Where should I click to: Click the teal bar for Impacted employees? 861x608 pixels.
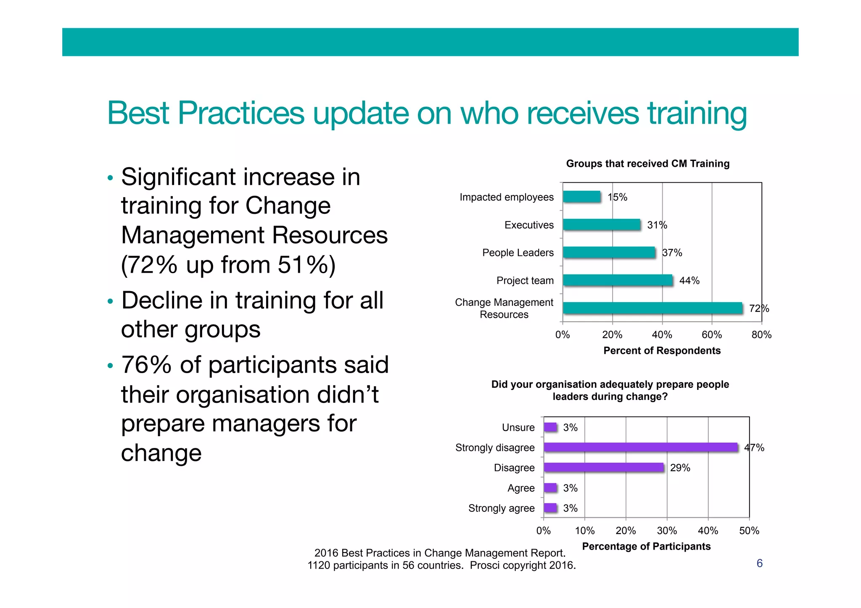[581, 197]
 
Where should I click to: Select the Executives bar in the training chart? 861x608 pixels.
[601, 225]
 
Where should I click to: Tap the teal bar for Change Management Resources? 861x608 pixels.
[652, 308]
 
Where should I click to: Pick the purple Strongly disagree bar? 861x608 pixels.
[640, 447]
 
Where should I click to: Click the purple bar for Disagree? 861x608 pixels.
[603, 468]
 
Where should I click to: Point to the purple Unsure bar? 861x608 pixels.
[550, 427]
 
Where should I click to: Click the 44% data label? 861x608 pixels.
[689, 281]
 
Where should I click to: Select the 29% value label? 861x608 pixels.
[680, 468]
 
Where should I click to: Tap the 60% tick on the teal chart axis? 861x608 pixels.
[711, 335]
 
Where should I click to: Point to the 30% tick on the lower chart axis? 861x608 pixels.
[667, 531]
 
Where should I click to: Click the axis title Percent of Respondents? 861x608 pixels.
[662, 351]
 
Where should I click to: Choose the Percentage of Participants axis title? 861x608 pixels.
[646, 546]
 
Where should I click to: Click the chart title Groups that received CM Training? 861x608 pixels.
[647, 164]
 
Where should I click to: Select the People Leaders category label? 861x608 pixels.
[518, 253]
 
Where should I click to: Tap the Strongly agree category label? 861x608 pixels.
[501, 508]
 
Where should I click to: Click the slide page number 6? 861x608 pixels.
[759, 563]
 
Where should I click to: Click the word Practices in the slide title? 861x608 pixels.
[241, 113]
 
